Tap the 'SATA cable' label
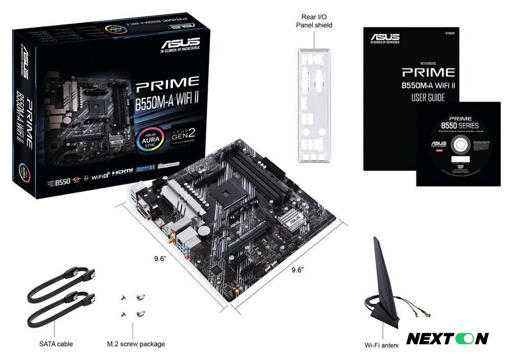click(x=56, y=344)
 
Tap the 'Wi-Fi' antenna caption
click(x=381, y=344)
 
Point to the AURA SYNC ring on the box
click(x=153, y=138)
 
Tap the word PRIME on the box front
click(x=167, y=81)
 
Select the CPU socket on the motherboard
click(x=221, y=191)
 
